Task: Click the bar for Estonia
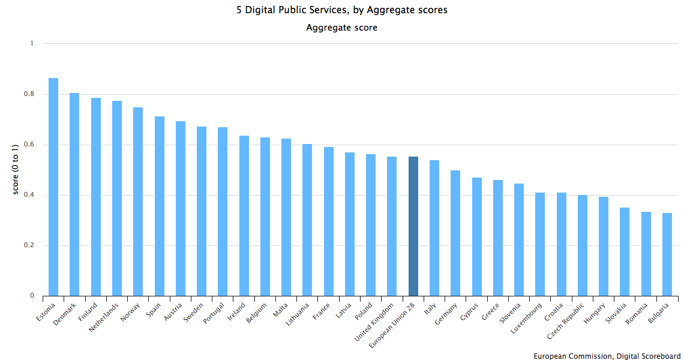[53, 187]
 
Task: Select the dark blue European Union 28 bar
[413, 226]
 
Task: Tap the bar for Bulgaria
[667, 254]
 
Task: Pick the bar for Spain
[159, 206]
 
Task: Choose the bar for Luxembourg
[540, 244]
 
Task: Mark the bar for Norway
[138, 202]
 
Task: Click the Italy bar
[434, 228]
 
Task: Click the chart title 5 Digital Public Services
[342, 10]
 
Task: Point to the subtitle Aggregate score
[342, 28]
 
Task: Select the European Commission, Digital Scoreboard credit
[607, 356]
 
